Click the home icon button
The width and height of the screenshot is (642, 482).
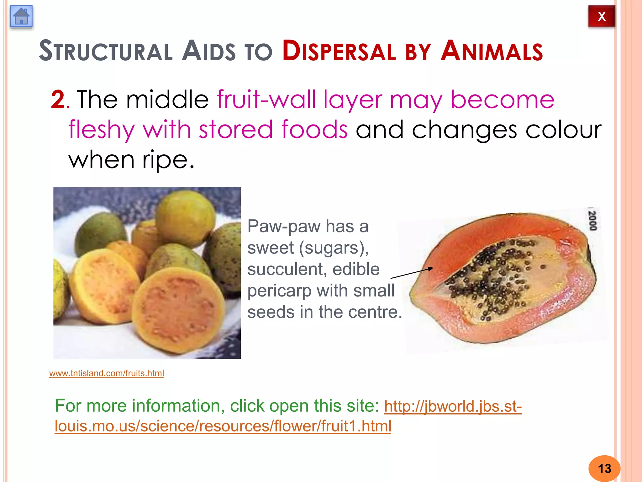(21, 16)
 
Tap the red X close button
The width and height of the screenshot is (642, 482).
(601, 16)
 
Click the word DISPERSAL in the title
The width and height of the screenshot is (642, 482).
(339, 51)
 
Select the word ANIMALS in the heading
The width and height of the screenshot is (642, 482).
(492, 51)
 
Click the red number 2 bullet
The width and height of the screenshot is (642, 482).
(58, 99)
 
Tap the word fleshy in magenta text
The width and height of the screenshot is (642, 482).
(102, 129)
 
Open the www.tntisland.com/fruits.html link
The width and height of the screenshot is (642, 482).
(107, 373)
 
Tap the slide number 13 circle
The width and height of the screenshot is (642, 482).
(604, 469)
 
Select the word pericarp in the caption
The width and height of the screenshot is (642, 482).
(278, 291)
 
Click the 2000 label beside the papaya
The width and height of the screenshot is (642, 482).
(592, 221)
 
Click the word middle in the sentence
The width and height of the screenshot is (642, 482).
(167, 99)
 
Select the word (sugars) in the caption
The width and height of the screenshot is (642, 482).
(334, 248)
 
